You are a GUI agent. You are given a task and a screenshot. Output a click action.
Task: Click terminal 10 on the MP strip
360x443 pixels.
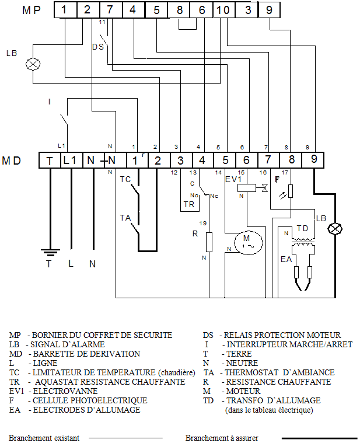coord(224,10)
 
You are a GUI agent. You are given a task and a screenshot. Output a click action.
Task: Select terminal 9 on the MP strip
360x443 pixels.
coord(269,10)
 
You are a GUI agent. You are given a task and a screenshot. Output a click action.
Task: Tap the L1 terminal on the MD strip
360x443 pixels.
coord(71,161)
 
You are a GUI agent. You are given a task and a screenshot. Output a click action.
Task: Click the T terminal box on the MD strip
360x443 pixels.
coord(50,161)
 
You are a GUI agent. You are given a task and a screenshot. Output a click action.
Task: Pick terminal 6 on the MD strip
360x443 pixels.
coord(246,160)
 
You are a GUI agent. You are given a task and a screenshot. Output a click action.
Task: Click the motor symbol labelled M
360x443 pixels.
coord(249,242)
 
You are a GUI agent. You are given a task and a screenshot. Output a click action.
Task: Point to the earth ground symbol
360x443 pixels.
coord(50,252)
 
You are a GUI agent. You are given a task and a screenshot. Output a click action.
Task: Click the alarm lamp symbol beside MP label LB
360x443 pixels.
coord(33,64)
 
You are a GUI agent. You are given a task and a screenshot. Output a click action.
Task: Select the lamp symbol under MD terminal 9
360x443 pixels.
coord(335,229)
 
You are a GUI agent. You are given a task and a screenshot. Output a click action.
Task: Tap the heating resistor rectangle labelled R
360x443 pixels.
coord(209,242)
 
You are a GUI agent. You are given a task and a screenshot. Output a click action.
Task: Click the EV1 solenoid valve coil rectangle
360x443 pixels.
coord(247,188)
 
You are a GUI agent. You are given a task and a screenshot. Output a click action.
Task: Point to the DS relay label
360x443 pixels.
coord(98,47)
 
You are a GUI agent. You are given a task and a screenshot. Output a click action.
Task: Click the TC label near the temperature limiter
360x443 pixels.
coord(125,179)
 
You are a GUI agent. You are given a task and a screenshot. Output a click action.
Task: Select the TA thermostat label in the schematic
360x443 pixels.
coord(125,218)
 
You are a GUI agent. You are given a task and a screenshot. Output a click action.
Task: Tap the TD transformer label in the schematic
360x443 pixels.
coord(302,228)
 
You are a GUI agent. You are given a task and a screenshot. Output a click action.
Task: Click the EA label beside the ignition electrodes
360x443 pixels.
coord(286,259)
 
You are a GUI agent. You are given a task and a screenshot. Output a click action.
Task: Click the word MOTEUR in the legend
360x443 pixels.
coord(243,391)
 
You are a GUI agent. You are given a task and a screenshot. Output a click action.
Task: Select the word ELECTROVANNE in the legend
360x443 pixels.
coord(65,391)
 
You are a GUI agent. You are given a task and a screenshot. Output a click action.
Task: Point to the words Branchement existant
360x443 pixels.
coord(44,438)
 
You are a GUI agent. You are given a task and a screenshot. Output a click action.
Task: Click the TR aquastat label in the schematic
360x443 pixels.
coord(189,204)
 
